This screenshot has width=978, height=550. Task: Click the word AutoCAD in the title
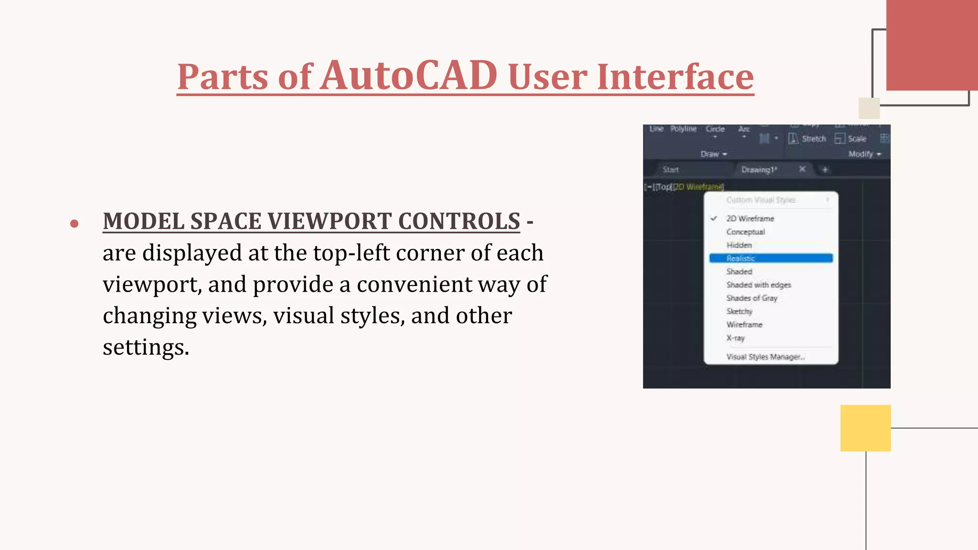[408, 75]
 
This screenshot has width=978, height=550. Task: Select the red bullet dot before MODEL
[74, 223]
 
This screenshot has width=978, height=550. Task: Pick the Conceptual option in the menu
[745, 232]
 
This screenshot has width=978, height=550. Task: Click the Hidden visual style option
[739, 245]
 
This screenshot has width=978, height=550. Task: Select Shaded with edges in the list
[758, 285]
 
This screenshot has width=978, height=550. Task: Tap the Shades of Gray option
[752, 298]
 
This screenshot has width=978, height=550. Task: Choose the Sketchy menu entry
[739, 311]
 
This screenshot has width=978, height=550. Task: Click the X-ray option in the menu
[735, 338]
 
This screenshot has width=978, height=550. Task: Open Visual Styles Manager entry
[765, 357]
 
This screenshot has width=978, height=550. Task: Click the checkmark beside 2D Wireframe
[714, 218]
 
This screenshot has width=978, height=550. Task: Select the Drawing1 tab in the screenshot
[759, 169]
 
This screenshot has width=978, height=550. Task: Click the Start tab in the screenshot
[670, 169]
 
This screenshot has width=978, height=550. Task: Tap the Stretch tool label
[813, 139]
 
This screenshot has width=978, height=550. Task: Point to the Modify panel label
[861, 154]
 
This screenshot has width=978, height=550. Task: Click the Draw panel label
[710, 154]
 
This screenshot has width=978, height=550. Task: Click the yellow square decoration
[865, 428]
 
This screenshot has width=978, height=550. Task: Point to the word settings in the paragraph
[145, 347]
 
